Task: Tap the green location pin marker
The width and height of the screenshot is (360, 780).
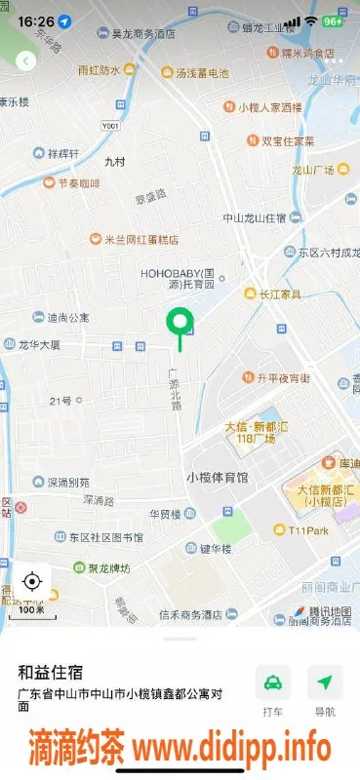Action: [180, 322]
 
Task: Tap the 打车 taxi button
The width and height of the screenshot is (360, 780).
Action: [274, 683]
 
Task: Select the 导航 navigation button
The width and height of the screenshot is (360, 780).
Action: [325, 683]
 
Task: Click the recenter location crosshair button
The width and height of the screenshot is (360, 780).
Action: [31, 582]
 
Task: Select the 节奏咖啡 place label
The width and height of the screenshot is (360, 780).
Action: [71, 182]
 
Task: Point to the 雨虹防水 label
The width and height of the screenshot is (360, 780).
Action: [100, 70]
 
